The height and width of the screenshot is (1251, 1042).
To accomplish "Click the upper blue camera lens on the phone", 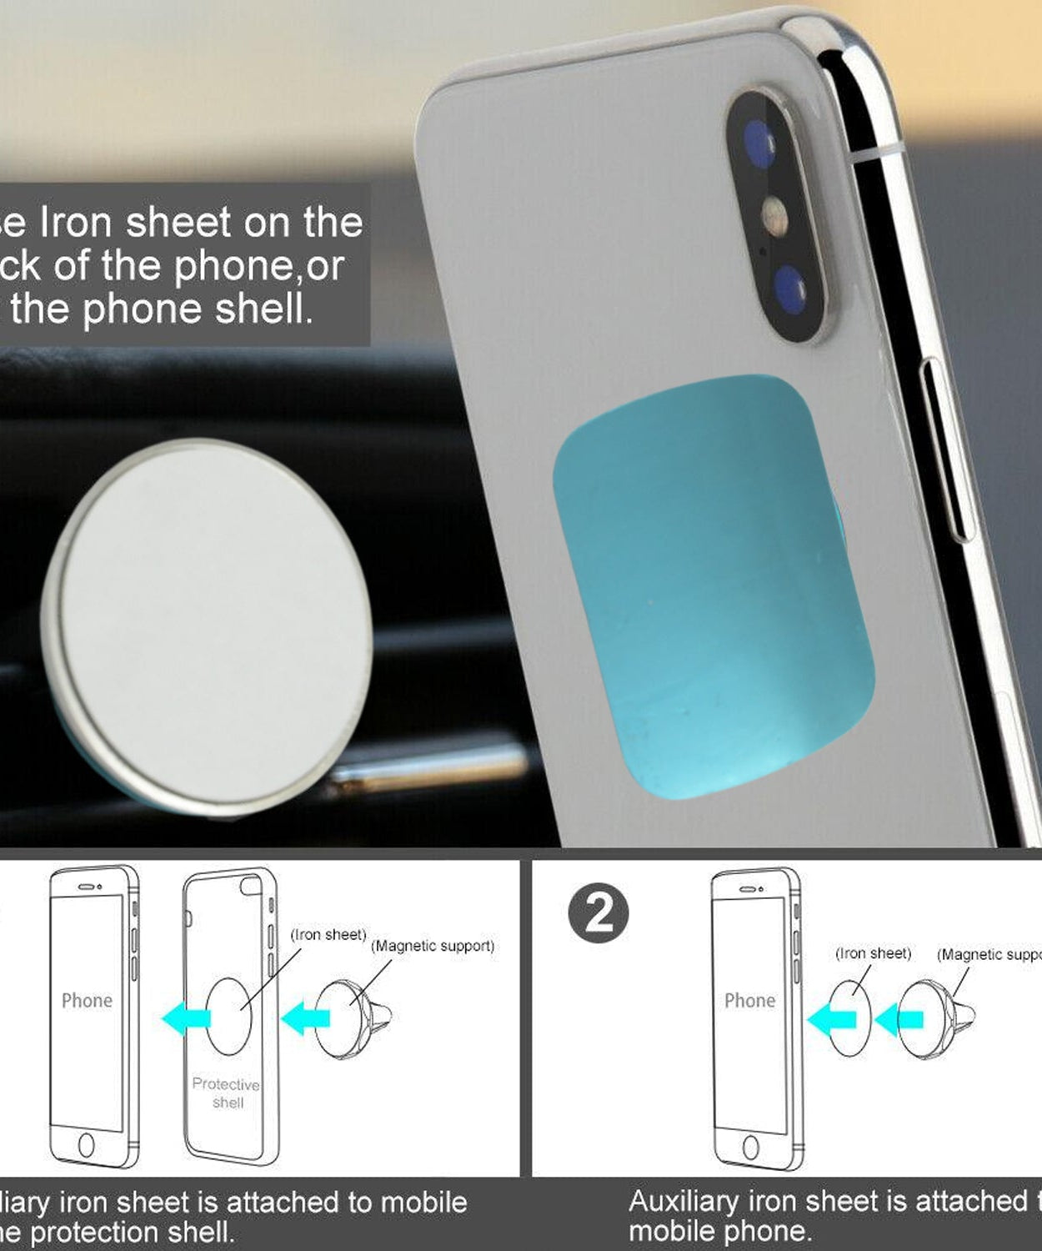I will [x=759, y=143].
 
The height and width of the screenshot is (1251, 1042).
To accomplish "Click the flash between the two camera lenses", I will [x=775, y=217].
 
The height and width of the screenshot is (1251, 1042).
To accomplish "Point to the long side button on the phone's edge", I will [x=947, y=450].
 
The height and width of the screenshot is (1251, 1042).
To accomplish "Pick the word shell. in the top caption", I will [x=264, y=309].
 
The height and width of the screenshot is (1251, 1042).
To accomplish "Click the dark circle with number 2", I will [x=599, y=913].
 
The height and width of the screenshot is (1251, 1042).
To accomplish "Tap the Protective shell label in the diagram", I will [x=227, y=1093].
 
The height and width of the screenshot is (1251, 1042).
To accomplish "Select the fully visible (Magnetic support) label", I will [x=433, y=946].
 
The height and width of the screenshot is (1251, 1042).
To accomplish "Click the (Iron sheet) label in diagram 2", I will [x=873, y=953].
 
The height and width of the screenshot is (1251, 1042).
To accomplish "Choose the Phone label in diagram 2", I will [x=749, y=1000].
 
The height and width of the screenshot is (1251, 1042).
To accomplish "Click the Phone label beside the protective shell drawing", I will [x=87, y=1000].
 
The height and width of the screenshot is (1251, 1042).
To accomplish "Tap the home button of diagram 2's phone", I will [x=750, y=1148].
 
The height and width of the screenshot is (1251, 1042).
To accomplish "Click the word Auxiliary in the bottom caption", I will [x=684, y=1201].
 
